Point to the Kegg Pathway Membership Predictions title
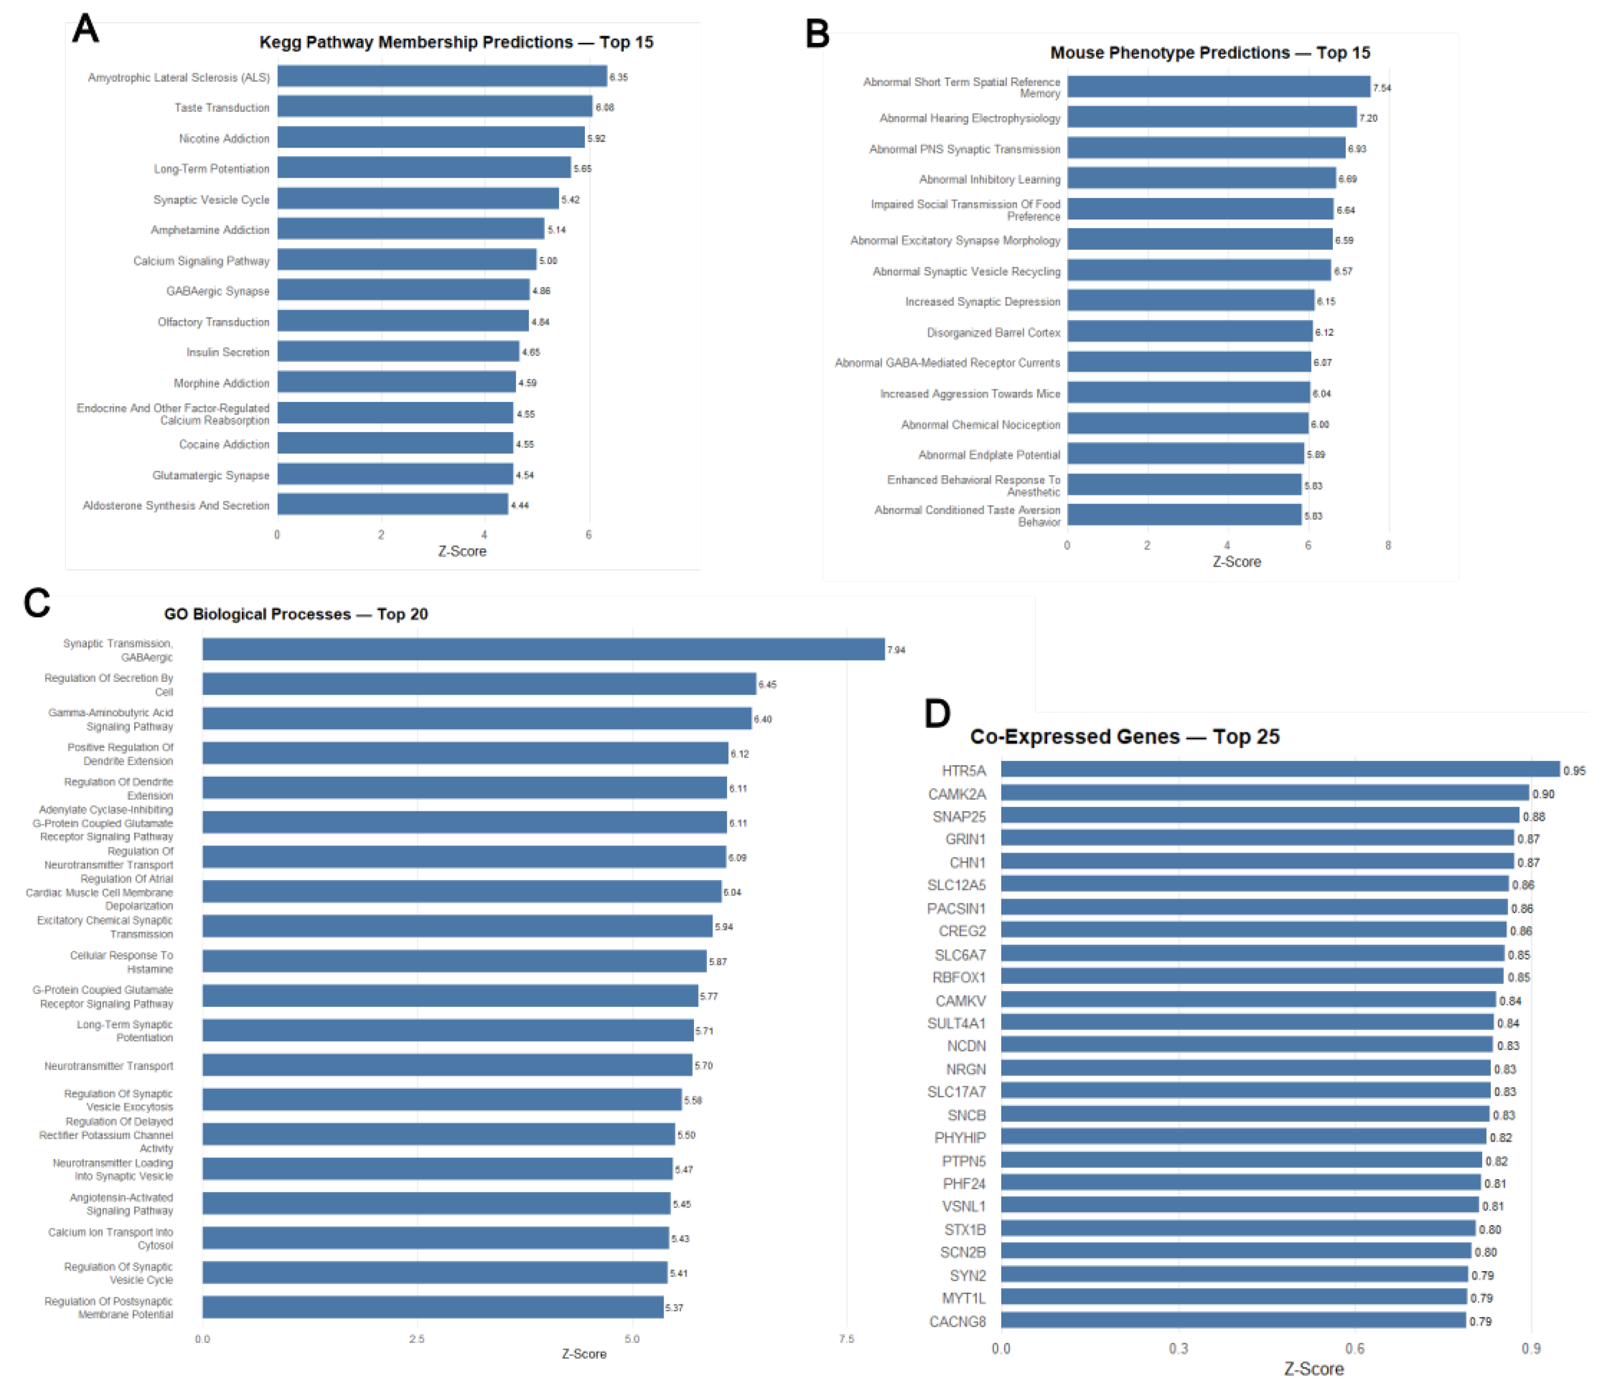456,42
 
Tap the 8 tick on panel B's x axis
1388,545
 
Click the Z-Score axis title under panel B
1237,562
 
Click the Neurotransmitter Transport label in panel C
109,1066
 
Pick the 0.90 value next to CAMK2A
1543,794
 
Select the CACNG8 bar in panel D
1233,1320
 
